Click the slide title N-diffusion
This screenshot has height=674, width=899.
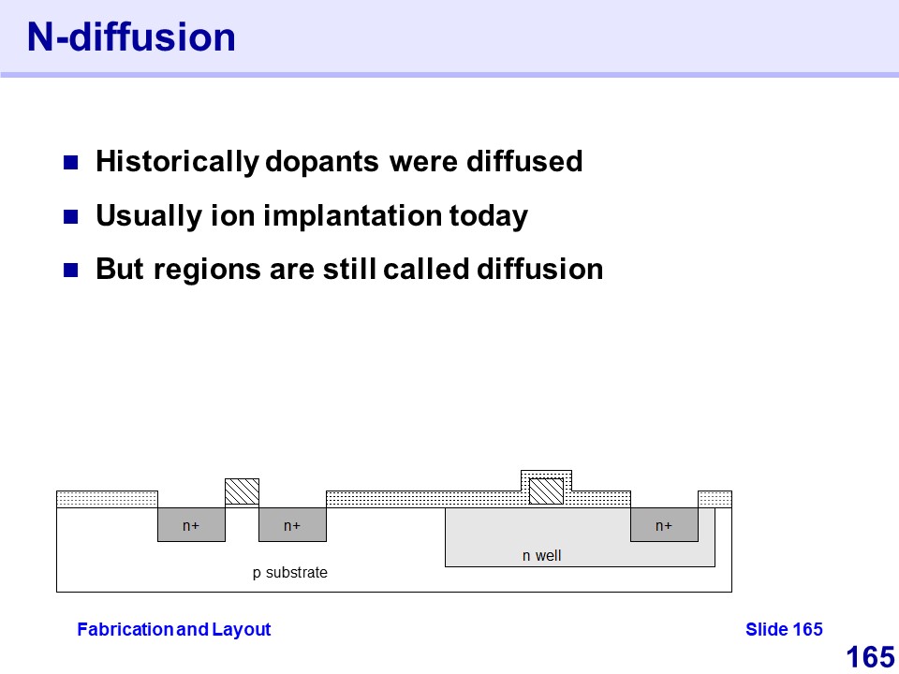[x=131, y=37]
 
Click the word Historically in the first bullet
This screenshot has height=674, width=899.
[x=177, y=162]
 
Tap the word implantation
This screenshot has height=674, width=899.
[x=353, y=216]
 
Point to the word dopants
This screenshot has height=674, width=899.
[x=321, y=162]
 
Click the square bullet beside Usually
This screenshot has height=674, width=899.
[x=70, y=217]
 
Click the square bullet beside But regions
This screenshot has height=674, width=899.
[x=70, y=271]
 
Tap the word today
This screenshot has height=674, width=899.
[x=488, y=216]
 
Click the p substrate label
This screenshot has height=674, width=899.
[x=290, y=573]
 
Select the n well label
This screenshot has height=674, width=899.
[x=542, y=555]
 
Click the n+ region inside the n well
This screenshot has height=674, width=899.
[x=664, y=524]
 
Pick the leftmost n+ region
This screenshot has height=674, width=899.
[x=191, y=524]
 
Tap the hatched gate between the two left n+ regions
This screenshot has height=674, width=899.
[x=242, y=491]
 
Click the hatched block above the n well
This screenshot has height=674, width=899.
[x=546, y=491]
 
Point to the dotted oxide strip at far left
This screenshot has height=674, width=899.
[x=107, y=499]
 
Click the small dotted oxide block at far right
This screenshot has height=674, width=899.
[x=715, y=499]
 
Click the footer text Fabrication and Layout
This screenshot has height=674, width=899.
[x=174, y=629]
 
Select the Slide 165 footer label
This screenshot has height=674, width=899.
[x=784, y=629]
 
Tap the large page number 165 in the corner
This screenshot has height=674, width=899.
[x=870, y=657]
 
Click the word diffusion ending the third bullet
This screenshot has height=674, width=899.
[x=540, y=270]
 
